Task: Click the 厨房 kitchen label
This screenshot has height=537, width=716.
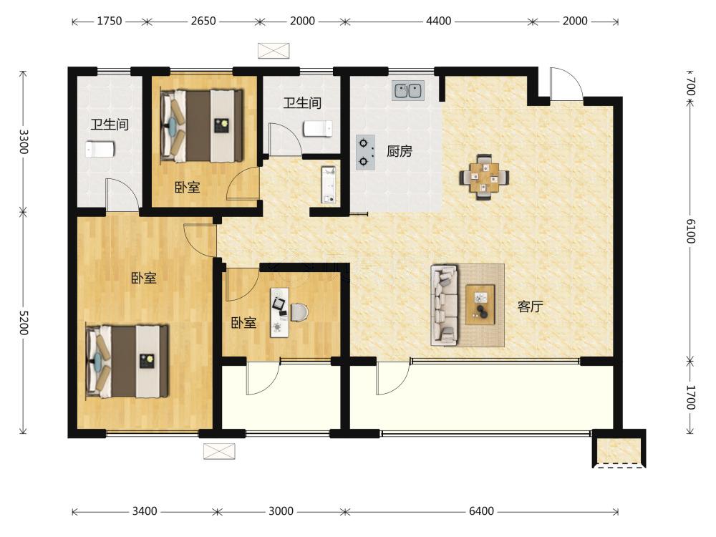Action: [x=399, y=150]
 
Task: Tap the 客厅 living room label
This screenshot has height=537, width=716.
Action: [x=530, y=306]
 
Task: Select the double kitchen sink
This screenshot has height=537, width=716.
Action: [x=408, y=90]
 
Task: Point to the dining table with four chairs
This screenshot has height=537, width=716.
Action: [x=484, y=177]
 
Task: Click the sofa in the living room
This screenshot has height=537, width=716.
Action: [x=445, y=304]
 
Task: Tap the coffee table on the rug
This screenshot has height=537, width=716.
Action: [x=480, y=304]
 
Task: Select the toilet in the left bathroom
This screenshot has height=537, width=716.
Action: [x=100, y=150]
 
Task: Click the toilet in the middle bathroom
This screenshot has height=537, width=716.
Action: [x=319, y=129]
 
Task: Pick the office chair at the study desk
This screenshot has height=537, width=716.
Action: [x=299, y=312]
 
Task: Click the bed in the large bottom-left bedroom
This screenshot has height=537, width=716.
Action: [x=127, y=361]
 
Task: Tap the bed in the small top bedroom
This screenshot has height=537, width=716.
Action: [x=201, y=125]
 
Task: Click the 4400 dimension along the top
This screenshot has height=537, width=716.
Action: [x=438, y=21]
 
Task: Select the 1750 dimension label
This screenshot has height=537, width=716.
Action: [x=109, y=21]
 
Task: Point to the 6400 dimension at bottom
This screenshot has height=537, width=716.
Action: [x=481, y=511]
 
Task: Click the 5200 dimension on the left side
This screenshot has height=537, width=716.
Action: [x=24, y=323]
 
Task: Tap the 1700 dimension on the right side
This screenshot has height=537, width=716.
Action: [x=690, y=397]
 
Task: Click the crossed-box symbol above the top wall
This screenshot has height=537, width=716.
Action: [x=274, y=51]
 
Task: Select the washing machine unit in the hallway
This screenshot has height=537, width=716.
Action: [x=329, y=185]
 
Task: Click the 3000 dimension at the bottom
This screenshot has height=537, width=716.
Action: [x=281, y=511]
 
